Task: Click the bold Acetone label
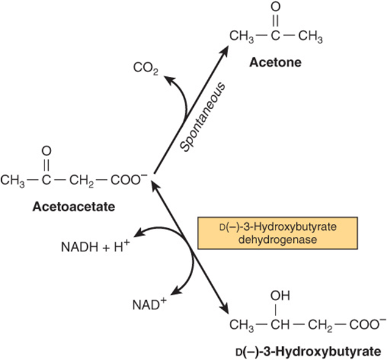point(275,62)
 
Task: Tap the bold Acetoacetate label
point(74,207)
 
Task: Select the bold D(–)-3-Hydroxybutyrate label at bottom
point(308,351)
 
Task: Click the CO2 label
point(146,68)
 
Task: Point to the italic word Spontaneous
point(202,117)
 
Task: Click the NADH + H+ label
point(95,246)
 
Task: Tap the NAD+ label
point(149,304)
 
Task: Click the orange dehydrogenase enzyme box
point(278,233)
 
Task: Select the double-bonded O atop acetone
point(275,7)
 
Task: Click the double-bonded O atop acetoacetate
point(46,151)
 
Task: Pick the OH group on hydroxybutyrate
point(280,295)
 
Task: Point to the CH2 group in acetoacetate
point(82,181)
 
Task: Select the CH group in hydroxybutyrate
point(280,325)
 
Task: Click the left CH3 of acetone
point(241,37)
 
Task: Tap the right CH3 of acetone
point(310,37)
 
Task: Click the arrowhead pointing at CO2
point(169,80)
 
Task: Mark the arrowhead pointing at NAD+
point(176,291)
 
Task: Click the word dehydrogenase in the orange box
point(278,240)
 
